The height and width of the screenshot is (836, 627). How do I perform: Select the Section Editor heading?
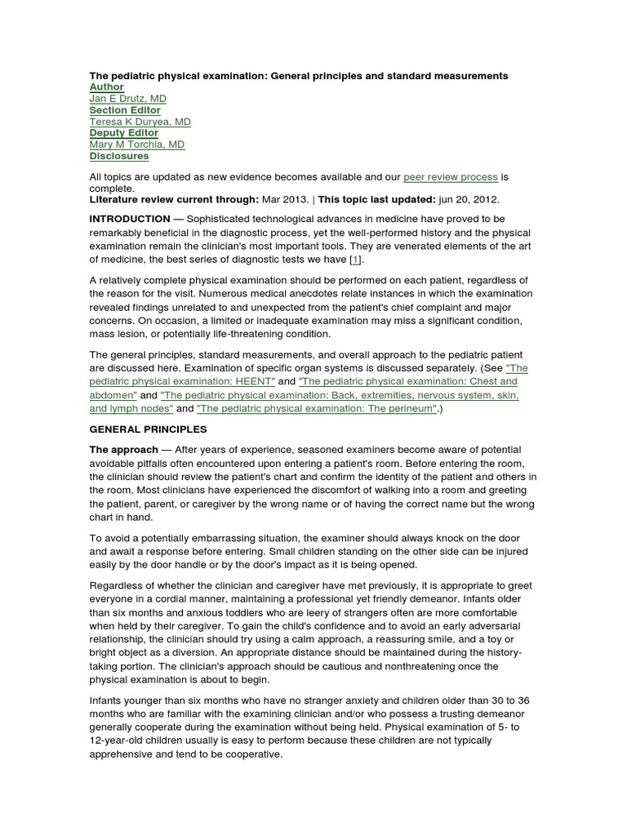point(125,110)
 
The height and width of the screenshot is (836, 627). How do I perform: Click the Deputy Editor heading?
point(124,133)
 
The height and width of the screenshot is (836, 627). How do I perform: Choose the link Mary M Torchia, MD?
point(137,145)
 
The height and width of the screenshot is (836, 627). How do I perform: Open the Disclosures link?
point(119,156)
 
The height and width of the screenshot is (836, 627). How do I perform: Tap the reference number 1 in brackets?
point(354,259)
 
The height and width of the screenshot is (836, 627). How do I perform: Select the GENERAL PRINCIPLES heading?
point(149,429)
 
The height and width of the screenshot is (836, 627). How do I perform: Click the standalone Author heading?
point(107,87)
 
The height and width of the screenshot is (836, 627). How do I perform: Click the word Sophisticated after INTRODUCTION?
point(223,220)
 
